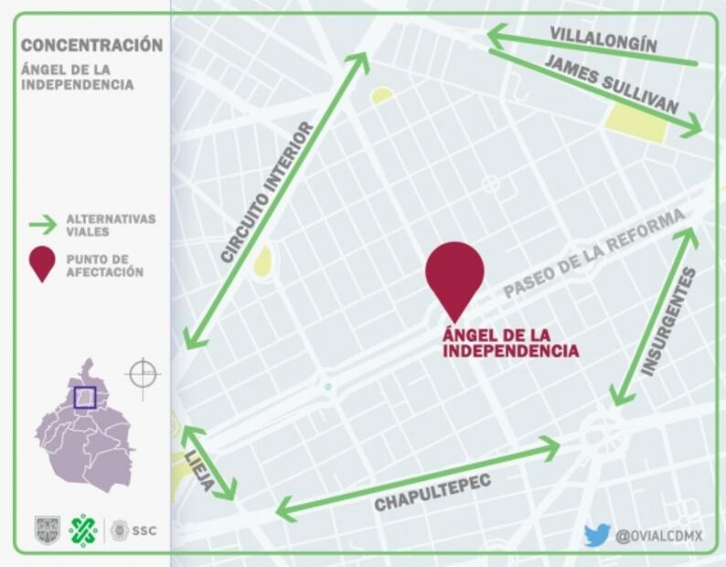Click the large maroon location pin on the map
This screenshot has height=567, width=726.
tap(454, 274)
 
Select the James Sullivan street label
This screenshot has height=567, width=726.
tap(613, 84)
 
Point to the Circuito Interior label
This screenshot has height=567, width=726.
tap(266, 193)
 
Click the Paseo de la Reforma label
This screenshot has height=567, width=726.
tap(593, 253)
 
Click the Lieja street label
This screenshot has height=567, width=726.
tap(198, 471)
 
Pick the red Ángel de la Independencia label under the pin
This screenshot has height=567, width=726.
tap(510, 342)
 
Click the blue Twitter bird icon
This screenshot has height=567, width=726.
tap(596, 535)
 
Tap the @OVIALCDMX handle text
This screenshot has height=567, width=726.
tap(658, 536)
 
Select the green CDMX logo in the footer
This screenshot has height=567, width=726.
tap(83, 530)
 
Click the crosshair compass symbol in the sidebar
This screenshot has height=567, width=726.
tap(143, 374)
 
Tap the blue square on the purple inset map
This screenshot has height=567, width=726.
tap(84, 397)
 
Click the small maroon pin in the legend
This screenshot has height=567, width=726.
tap(41, 264)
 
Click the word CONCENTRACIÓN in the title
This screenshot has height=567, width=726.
tap(91, 45)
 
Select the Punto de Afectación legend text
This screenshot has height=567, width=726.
tap(104, 265)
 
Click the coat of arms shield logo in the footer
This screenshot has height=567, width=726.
tap(47, 530)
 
